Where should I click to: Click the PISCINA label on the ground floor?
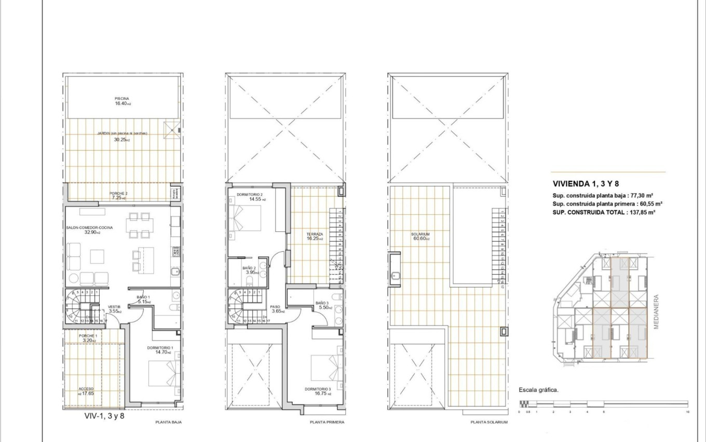[122, 98]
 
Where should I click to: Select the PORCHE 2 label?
[118, 193]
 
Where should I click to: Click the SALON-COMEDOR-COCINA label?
[89, 227]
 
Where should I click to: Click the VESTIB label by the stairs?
[114, 307]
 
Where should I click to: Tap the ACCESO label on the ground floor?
[86, 388]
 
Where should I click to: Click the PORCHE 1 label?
[88, 336]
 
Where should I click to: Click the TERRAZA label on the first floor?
[314, 235]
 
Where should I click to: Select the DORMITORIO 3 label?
[318, 389]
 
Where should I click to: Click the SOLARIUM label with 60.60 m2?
[421, 235]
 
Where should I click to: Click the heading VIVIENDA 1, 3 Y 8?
[586, 184]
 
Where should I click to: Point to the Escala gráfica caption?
[538, 389]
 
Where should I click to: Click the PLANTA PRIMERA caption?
[327, 422]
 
